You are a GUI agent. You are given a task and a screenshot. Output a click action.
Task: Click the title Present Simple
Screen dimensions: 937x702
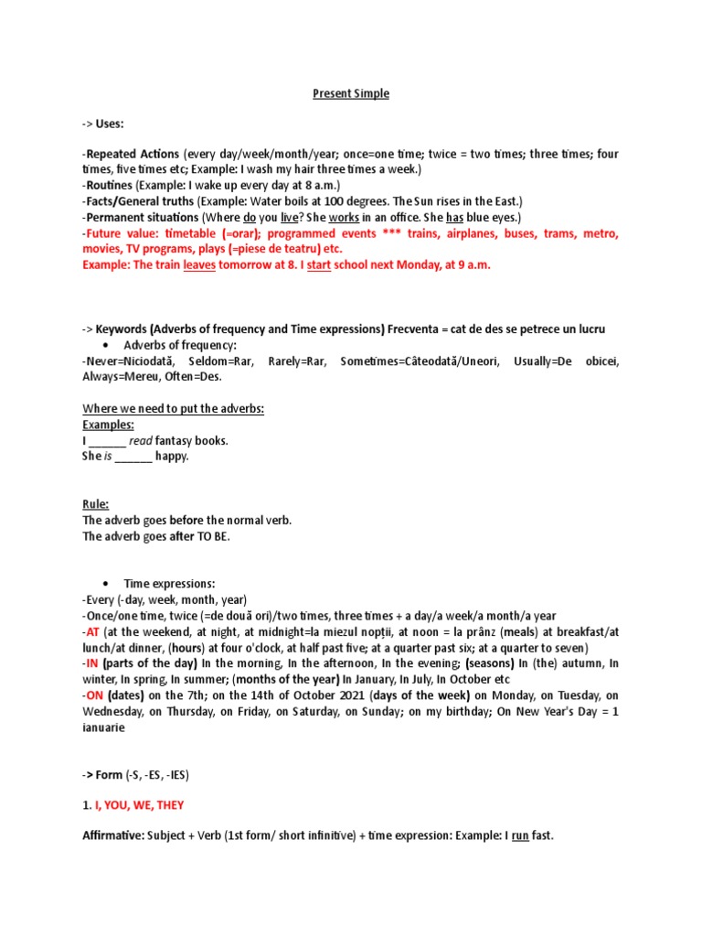351,93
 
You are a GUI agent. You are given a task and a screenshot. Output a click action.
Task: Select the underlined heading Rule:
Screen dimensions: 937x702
95,504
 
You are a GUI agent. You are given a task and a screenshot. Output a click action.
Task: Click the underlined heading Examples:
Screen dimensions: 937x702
108,425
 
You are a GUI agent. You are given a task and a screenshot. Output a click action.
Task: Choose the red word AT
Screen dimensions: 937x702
91,631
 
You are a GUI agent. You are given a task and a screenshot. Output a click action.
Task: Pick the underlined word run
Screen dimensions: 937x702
520,836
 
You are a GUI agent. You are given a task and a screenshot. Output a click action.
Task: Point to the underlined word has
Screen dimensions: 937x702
457,217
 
